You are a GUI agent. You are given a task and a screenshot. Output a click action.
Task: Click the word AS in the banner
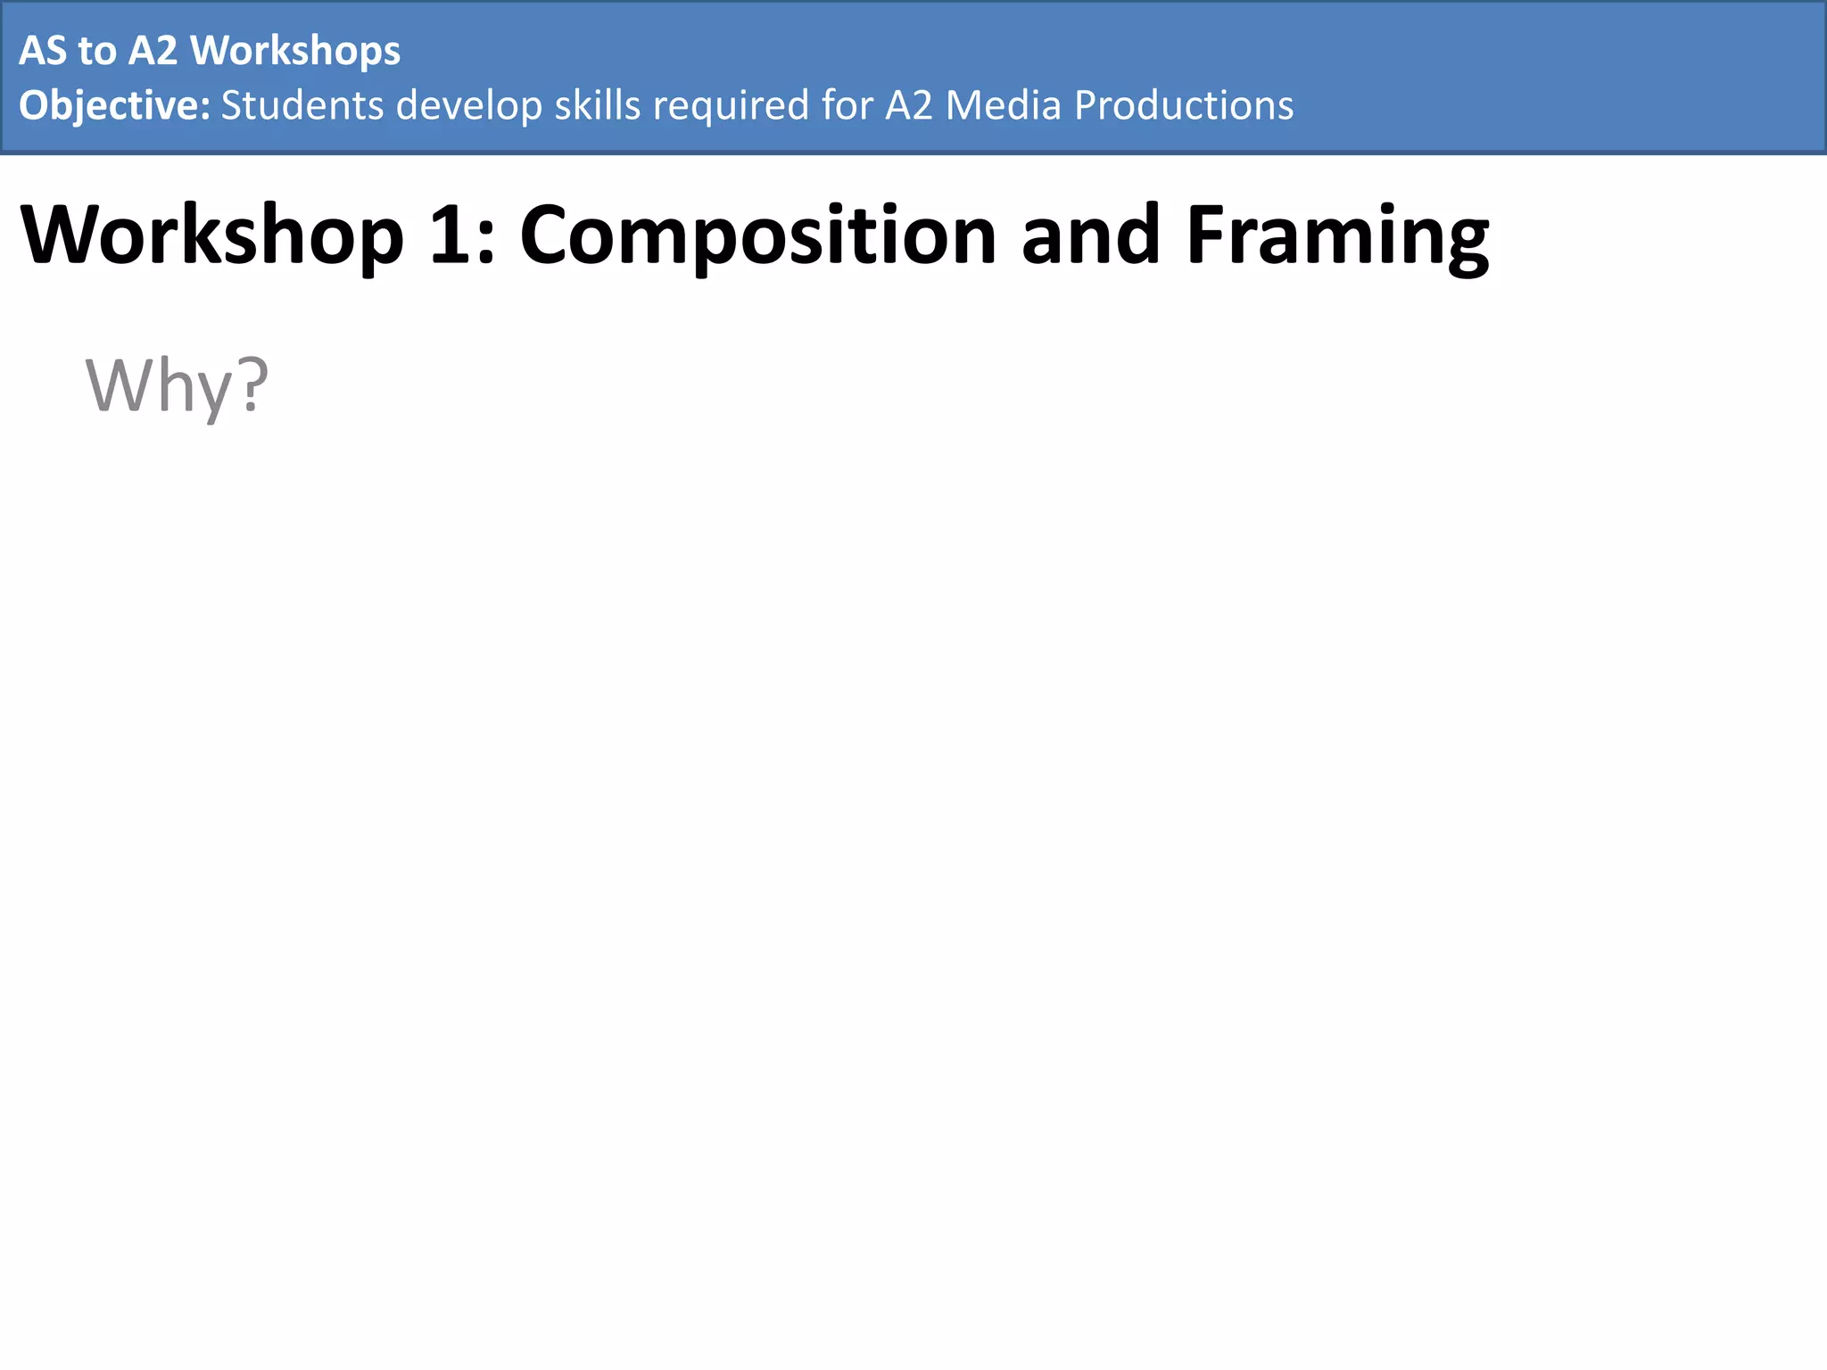43,51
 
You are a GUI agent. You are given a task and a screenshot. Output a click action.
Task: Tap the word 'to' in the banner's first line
97,51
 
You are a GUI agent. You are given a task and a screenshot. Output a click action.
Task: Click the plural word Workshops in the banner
295,51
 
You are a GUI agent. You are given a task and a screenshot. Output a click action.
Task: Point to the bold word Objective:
114,106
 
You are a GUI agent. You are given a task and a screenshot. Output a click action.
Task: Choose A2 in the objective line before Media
908,106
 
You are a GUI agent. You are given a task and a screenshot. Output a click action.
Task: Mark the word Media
1004,106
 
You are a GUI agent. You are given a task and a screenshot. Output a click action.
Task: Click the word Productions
1184,106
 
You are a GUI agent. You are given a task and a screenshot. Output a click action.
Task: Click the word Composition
757,235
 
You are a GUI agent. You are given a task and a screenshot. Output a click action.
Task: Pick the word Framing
1337,235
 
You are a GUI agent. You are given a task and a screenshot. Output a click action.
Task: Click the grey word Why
159,385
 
